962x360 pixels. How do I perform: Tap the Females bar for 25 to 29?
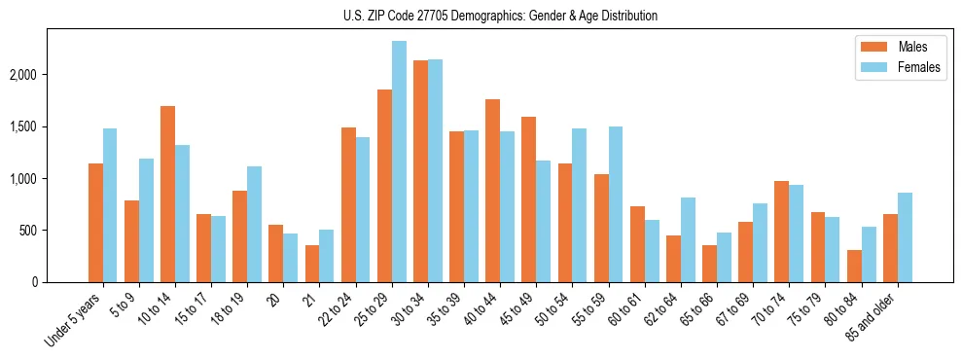click(x=399, y=162)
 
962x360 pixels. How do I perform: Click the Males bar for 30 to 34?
click(x=420, y=171)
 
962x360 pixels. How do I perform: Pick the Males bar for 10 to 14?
click(x=167, y=195)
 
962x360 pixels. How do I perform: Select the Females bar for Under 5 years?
click(x=110, y=205)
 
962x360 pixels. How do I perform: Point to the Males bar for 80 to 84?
click(x=854, y=267)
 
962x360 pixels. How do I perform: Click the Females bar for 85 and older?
click(x=905, y=237)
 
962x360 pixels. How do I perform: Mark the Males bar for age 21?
click(x=312, y=264)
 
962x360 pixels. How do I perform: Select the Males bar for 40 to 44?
click(x=492, y=191)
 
